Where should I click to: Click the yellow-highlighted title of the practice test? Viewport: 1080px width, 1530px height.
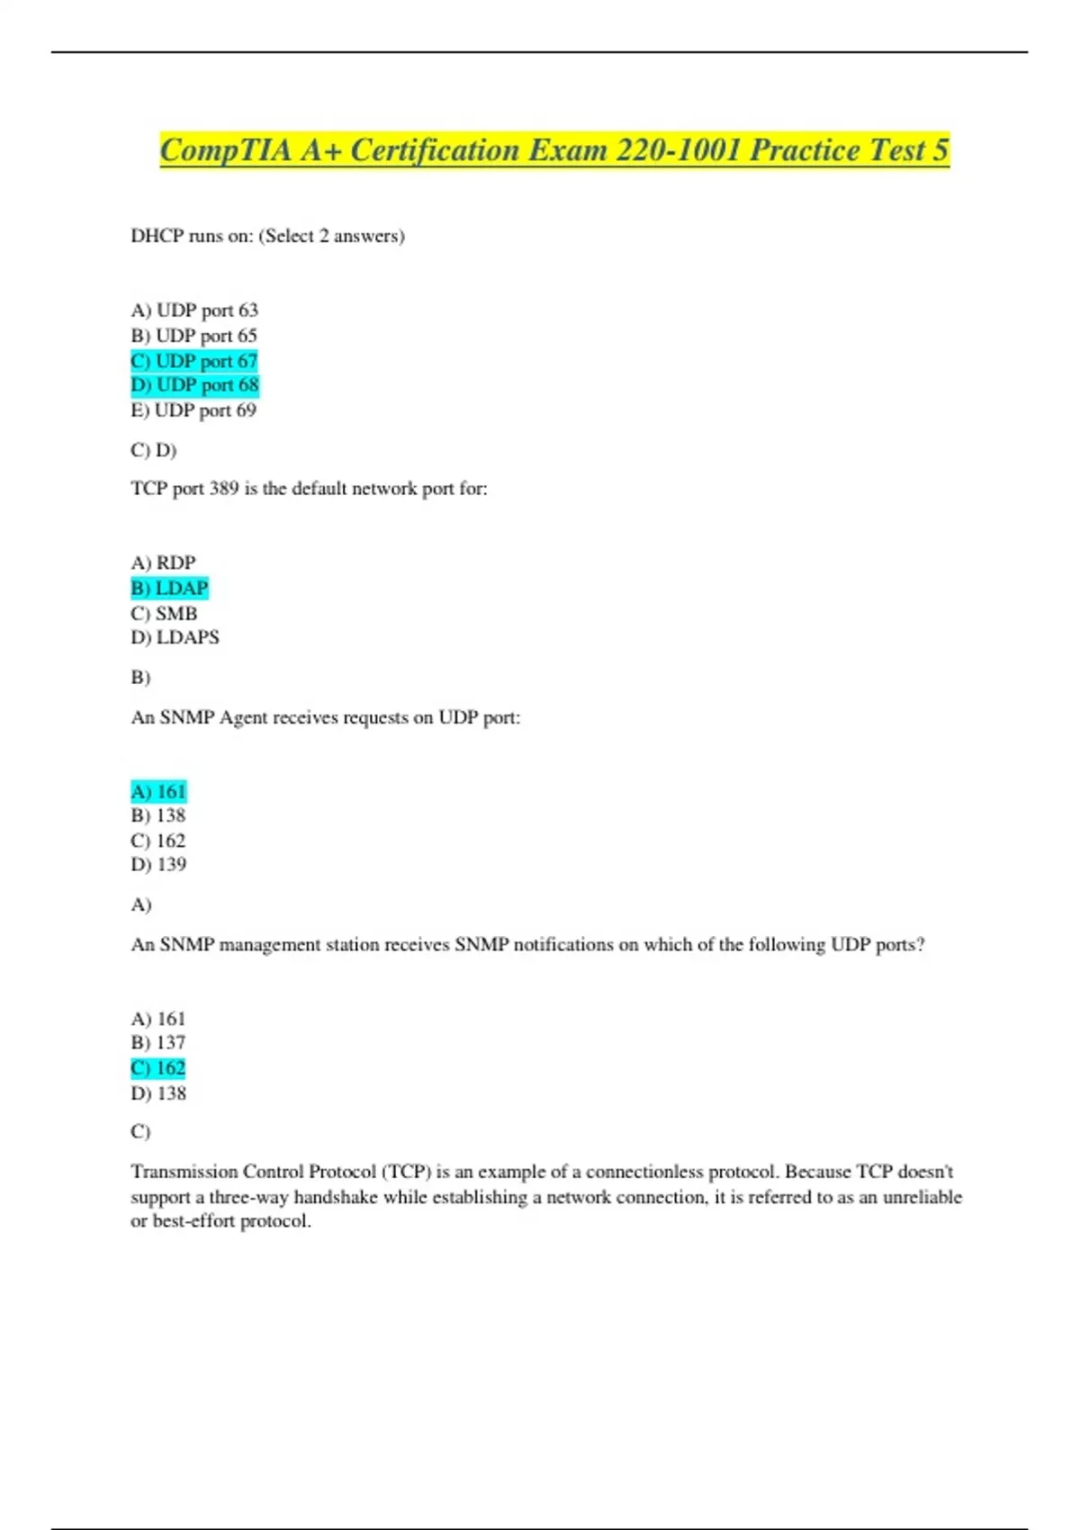tap(554, 150)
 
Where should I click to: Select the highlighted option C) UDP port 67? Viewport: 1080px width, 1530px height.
tap(194, 361)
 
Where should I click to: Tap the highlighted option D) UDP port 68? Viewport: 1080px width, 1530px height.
tap(194, 385)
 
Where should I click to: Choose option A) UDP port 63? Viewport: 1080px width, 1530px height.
tap(194, 310)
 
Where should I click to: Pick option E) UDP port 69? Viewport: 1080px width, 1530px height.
tap(193, 410)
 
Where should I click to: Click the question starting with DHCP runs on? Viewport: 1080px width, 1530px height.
tap(267, 236)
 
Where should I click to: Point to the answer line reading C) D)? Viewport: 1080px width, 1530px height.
tap(153, 449)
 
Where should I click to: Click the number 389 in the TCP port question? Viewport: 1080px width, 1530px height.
tap(224, 489)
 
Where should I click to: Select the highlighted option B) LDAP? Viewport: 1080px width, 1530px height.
tap(169, 588)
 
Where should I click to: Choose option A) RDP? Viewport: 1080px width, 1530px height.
tap(163, 562)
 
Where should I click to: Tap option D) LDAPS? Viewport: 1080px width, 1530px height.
tap(175, 637)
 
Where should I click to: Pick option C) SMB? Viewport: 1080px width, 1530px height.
tap(164, 613)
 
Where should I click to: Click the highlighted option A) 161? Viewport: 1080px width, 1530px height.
tap(158, 791)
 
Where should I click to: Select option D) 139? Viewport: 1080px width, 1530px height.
tap(158, 864)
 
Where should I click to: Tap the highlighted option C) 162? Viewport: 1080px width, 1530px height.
tap(158, 1068)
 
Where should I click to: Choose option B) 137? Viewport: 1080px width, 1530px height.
tap(158, 1042)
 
